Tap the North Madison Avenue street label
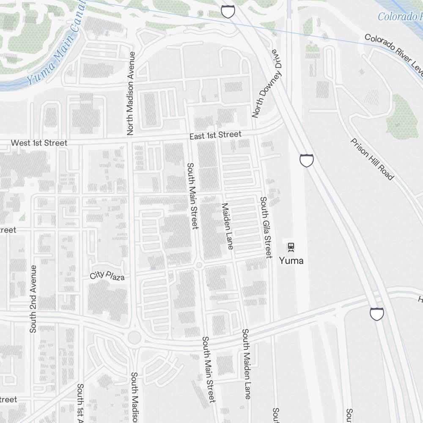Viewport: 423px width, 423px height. tap(131, 93)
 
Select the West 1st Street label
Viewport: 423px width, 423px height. tap(39, 143)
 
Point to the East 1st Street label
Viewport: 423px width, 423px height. tap(215, 135)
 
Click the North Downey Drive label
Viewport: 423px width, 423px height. tap(266, 83)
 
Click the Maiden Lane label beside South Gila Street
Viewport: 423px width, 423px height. tap(227, 226)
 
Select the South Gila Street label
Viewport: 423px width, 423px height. tap(266, 227)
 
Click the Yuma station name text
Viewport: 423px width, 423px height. tap(291, 261)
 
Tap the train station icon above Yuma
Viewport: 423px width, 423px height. tap(291, 246)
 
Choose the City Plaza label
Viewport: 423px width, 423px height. tap(107, 276)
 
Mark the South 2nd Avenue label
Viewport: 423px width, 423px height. tap(33, 299)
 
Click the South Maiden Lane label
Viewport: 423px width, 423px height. tap(246, 364)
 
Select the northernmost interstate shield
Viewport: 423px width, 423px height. tap(228, 11)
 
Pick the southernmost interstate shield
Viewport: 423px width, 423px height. tap(377, 314)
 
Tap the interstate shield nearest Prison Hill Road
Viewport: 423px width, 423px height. tap(307, 160)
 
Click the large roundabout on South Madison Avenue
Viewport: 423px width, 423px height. tap(134, 338)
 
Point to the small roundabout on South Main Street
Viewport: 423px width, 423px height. tap(200, 265)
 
